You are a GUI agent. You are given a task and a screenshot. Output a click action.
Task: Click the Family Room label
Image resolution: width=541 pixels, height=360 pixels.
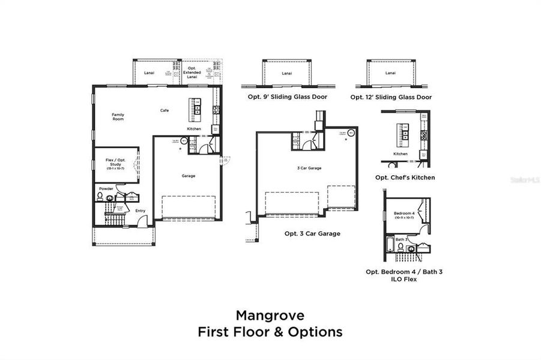click(118, 116)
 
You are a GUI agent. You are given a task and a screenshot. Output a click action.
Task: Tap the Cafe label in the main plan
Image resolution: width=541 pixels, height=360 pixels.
click(164, 110)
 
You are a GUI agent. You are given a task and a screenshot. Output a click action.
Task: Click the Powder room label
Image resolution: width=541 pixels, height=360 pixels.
click(106, 188)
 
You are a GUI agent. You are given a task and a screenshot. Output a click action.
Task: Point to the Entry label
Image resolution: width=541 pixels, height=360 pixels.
click(140, 211)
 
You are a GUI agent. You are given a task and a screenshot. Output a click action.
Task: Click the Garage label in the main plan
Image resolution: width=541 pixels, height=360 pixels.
click(189, 176)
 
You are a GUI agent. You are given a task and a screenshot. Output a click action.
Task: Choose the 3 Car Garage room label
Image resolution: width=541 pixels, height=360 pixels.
click(309, 168)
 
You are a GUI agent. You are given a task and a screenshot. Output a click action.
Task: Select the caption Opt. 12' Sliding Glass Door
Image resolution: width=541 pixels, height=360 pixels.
click(391, 97)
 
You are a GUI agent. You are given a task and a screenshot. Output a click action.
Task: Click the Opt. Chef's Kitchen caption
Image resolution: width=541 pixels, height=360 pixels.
click(405, 177)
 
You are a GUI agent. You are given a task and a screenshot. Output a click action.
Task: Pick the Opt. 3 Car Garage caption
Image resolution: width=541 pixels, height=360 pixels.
click(312, 233)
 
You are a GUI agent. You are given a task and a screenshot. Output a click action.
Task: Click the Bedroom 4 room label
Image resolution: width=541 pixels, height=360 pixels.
click(404, 214)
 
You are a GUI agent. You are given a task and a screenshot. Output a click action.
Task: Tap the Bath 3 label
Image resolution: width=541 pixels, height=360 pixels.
click(402, 239)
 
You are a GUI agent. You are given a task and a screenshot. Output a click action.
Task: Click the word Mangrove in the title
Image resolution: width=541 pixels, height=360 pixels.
click(270, 315)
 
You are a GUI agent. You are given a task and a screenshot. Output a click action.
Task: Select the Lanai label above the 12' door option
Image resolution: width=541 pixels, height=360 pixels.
click(390, 73)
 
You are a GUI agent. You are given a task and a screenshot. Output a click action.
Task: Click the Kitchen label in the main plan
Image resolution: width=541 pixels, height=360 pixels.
click(194, 129)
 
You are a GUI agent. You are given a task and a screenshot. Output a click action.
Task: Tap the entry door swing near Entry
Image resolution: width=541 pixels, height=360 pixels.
click(142, 221)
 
